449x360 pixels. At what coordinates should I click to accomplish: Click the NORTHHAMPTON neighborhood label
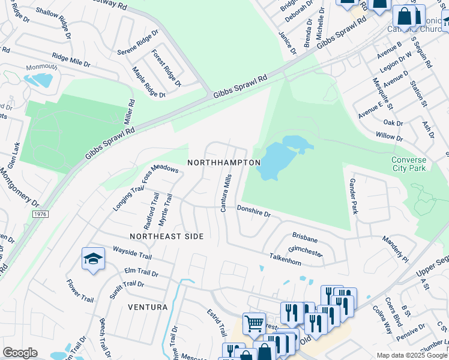[224, 163]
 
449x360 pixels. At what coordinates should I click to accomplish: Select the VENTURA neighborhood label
[148, 307]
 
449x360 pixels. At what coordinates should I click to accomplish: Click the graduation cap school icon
[93, 259]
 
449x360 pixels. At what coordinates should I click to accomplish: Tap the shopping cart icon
[254, 323]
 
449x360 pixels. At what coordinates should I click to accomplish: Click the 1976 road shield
[40, 214]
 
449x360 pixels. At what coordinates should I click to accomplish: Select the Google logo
[20, 353]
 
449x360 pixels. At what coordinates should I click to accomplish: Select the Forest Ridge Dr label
[166, 68]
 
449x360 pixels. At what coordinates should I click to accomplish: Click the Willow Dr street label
[390, 137]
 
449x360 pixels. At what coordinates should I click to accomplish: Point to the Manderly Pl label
[394, 249]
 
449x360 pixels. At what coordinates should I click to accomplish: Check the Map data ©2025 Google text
[411, 355]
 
